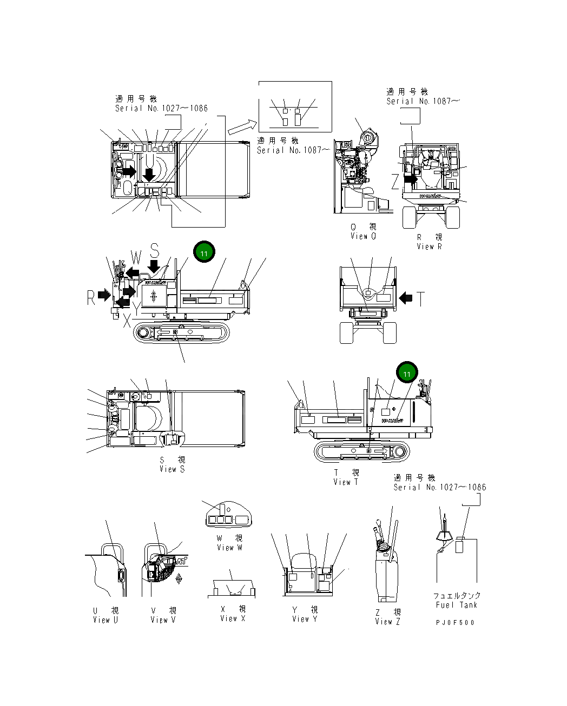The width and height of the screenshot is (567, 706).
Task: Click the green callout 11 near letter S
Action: pos(204,252)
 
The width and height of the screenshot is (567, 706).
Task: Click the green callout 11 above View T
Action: pos(407,374)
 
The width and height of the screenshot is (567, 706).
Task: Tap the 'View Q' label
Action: pos(363,236)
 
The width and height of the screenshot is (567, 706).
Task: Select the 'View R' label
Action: pos(429,247)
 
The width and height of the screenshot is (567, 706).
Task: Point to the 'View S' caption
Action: pos(172,469)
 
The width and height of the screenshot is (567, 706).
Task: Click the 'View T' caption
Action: pos(346,482)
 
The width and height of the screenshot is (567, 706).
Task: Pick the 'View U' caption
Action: pos(106,620)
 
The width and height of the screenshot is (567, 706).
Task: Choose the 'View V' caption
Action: pos(163,620)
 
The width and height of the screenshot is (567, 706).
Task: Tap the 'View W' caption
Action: pos(229,548)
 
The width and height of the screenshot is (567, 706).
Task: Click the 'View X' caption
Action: pos(233,618)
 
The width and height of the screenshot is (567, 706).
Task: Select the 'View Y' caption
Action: pos(305,619)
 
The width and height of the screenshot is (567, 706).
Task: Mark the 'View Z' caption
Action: pos(387,622)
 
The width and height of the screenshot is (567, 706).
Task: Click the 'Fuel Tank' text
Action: pos(457,605)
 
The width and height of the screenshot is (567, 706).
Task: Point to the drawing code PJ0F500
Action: pos(455,622)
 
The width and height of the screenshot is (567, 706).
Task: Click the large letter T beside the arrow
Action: pos(420,298)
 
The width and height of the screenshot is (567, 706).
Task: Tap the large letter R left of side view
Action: pos(91,297)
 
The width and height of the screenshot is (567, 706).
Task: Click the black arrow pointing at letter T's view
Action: pos(405,297)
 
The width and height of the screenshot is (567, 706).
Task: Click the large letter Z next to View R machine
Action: pos(395,182)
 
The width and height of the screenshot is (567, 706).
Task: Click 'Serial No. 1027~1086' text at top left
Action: pos(161,108)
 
